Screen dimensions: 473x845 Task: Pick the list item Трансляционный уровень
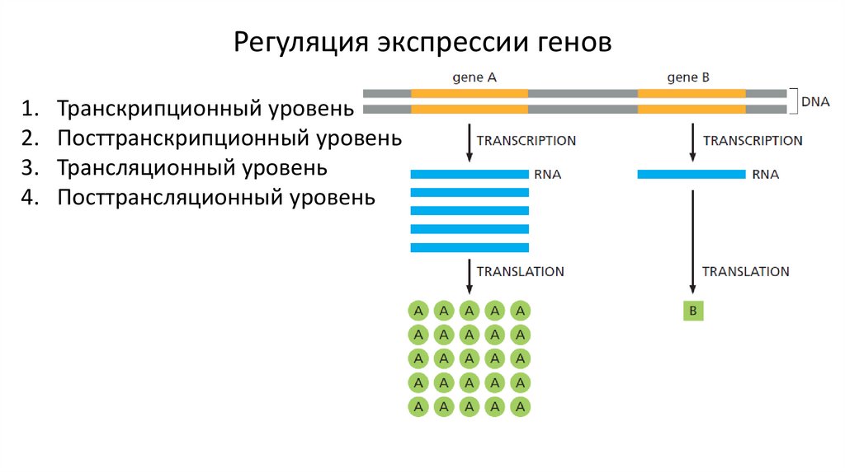192,168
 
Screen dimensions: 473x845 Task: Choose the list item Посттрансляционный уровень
215,198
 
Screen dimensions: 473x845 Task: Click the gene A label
474,77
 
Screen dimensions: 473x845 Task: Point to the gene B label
688,77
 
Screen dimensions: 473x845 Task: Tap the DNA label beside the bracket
814,101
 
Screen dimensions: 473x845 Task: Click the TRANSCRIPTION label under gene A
526,141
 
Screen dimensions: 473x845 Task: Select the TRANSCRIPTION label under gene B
752,141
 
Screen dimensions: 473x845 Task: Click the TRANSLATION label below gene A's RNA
520,271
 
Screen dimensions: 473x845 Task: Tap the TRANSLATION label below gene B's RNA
745,271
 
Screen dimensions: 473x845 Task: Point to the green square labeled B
693,311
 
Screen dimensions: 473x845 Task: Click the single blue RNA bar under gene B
692,174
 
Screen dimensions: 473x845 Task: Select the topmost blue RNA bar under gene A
469,174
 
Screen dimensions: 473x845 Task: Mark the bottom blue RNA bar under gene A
469,247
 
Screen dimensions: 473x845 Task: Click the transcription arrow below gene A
470,143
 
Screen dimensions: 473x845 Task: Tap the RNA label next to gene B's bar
765,175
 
